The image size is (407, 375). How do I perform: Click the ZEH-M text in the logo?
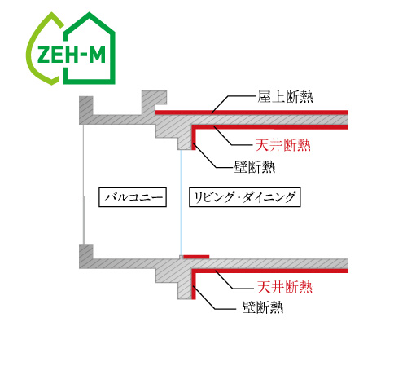pos(71,55)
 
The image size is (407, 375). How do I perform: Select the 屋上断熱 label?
pos(285,97)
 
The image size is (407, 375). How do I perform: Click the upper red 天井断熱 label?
pos(283,144)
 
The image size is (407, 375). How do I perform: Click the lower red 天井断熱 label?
pos(285,287)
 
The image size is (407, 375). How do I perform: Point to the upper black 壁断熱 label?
pos(255,167)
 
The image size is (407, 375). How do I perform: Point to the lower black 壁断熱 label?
pos(263,307)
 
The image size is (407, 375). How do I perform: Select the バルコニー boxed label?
pos(133,197)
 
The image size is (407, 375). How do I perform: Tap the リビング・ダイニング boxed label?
pos(245,197)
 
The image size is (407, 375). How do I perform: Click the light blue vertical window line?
pos(181,202)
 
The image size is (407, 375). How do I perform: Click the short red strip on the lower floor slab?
pos(196,257)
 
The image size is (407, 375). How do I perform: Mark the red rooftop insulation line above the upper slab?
pos(252,112)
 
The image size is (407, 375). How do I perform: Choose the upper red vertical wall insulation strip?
pos(194,138)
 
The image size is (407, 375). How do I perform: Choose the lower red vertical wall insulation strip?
pos(194,285)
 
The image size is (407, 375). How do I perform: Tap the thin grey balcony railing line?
pos(84,184)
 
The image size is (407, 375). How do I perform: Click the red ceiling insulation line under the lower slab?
pos(269,271)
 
